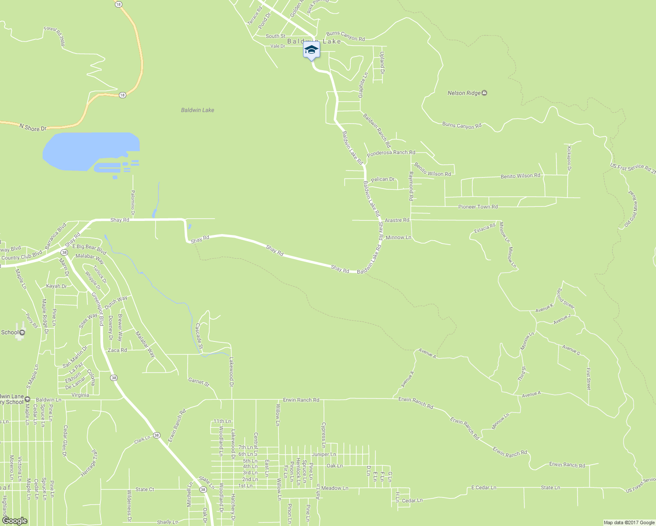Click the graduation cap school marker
tap(311, 50)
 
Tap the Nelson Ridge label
tap(464, 93)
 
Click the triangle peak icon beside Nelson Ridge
tap(484, 93)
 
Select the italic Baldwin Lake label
tap(197, 110)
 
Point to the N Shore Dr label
tap(32, 128)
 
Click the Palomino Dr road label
tap(132, 203)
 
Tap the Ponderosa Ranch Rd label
tap(391, 153)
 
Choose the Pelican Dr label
tap(383, 179)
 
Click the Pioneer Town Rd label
tap(478, 206)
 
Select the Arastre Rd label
tap(397, 220)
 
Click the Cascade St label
tap(199, 336)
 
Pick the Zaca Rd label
tap(117, 350)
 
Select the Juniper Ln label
tap(324, 455)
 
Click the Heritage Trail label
tap(89, 462)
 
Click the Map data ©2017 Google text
tap(629, 522)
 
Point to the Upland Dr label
tap(382, 62)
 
